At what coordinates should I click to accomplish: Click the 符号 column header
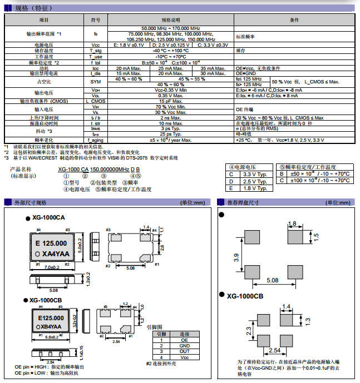coord(96,19)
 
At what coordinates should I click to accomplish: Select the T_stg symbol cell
coord(96,51)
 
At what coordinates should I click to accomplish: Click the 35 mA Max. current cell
coord(213,68)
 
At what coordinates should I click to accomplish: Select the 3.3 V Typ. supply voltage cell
coord(255,174)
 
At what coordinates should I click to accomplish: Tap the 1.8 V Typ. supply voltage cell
coord(255,188)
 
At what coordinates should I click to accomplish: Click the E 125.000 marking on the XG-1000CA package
coord(51,243)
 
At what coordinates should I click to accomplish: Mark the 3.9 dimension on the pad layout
coord(236,257)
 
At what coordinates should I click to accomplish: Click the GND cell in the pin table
coord(184,345)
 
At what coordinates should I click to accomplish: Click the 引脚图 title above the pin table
coord(154,327)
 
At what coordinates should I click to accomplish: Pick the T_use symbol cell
coord(96,56)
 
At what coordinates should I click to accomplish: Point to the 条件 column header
coord(294,19)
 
